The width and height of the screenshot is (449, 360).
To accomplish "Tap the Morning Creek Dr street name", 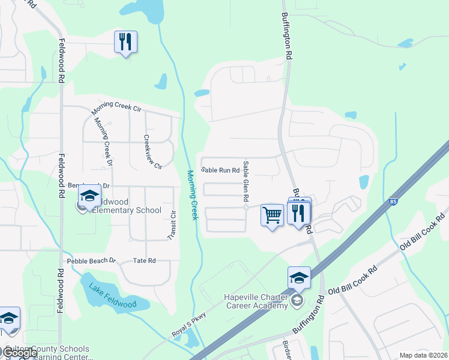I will tap(104, 142).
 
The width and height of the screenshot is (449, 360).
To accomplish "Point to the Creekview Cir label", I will tap(152, 152).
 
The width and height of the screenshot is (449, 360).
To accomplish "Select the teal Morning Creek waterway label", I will tap(191, 195).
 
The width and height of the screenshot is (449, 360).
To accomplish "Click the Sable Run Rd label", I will tap(220, 170).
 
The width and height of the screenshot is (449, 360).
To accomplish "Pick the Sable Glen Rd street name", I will tap(246, 181).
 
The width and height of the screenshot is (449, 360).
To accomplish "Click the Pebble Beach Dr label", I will tap(91, 261).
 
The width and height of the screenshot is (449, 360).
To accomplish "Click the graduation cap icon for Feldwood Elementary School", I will tap(89, 196).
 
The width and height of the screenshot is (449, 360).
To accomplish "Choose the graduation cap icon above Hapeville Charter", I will tap(299, 277).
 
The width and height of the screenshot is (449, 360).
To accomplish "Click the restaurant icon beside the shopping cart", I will tap(298, 212).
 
